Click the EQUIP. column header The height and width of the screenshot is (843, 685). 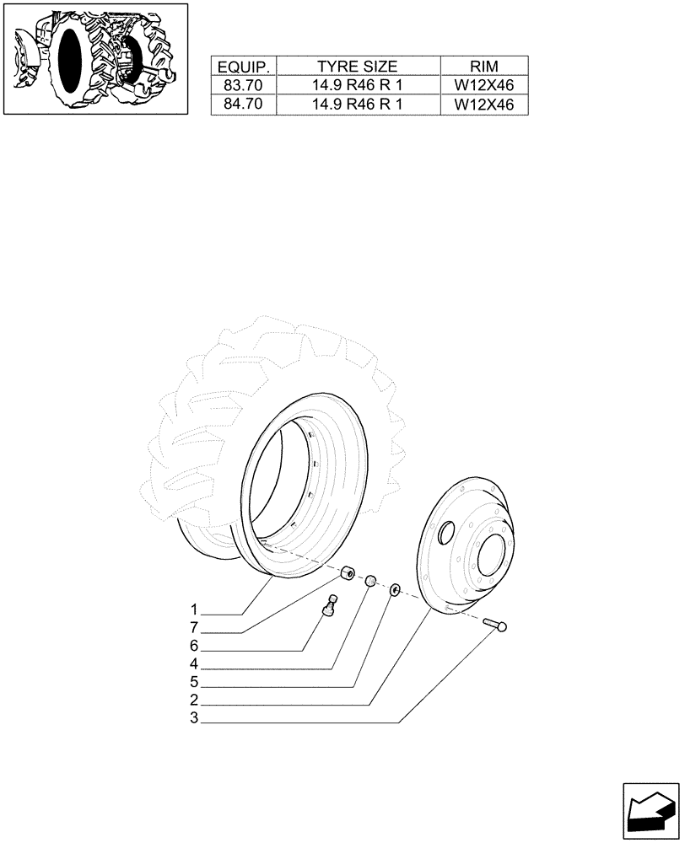(x=244, y=67)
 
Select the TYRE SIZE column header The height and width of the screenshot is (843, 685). (x=357, y=67)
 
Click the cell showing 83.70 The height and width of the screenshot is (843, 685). (x=244, y=85)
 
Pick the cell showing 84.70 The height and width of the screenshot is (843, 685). (x=244, y=105)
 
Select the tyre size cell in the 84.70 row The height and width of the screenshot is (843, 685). (x=357, y=105)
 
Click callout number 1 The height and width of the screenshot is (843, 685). (x=194, y=609)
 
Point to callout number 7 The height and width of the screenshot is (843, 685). (x=194, y=628)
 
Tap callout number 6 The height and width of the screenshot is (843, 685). (x=194, y=646)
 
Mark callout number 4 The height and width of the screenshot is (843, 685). (x=194, y=664)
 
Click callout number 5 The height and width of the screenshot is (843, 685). (x=194, y=682)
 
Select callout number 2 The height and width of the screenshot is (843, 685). (x=194, y=701)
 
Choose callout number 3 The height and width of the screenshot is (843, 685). (x=194, y=719)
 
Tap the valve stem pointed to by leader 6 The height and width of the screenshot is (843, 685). (x=330, y=606)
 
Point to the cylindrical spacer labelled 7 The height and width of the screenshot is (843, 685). (x=347, y=575)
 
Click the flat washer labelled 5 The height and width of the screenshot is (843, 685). (x=394, y=590)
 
